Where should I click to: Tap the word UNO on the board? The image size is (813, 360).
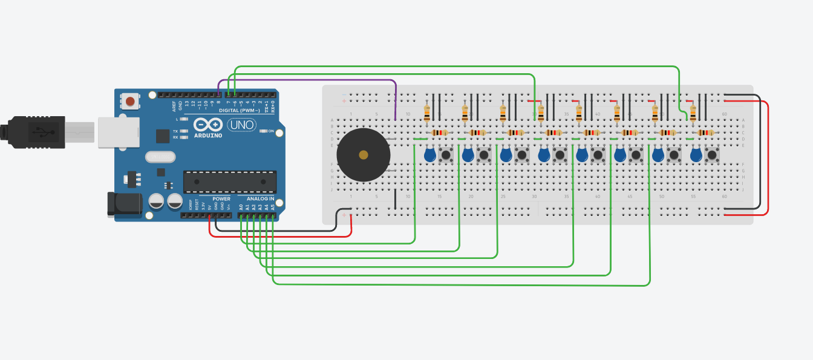coord(242,125)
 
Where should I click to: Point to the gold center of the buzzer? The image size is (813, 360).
coord(363,155)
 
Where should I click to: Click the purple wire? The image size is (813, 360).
coord(315,80)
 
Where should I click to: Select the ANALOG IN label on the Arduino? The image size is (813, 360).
coord(260,198)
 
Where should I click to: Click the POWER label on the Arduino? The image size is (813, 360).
coord(221,198)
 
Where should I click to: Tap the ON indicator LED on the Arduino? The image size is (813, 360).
coord(263,131)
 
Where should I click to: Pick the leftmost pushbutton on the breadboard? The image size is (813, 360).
coord(446,155)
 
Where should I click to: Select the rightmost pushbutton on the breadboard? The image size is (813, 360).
coord(712,155)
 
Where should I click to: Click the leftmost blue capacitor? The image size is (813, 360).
coord(430,155)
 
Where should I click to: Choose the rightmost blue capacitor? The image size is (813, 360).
coord(696,155)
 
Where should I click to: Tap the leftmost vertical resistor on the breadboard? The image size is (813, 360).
coord(428,113)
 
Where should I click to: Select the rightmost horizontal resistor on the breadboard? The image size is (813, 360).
coord(705,133)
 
